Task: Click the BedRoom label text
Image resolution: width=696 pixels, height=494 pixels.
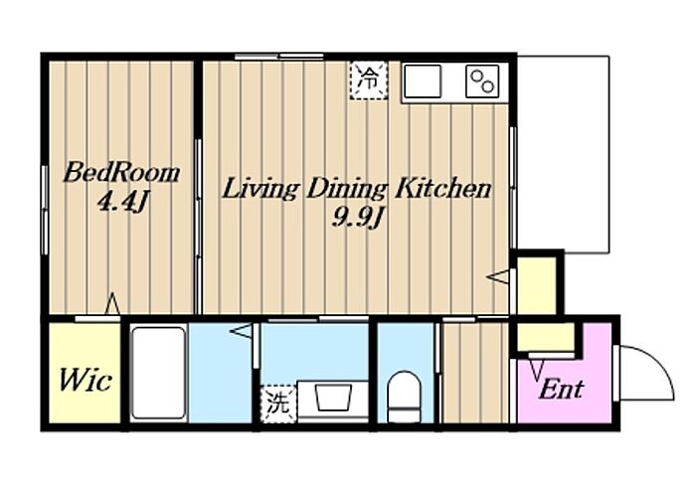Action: [121, 173]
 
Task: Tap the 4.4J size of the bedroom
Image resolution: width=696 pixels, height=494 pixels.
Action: [121, 203]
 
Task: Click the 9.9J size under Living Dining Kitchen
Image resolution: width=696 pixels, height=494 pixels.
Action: [357, 218]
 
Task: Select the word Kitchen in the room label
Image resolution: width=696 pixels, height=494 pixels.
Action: [443, 188]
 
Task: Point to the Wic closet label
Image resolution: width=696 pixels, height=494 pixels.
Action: [85, 380]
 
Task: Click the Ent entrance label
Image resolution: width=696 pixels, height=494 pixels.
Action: [561, 389]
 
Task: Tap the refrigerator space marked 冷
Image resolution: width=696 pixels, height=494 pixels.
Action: [369, 80]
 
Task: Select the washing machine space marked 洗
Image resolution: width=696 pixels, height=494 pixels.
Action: [278, 404]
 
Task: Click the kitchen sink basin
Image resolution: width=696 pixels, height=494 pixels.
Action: [423, 82]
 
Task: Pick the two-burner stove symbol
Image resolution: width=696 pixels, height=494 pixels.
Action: [482, 82]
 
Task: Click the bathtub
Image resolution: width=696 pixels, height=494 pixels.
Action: [159, 373]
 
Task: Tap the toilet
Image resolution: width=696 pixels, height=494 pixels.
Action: [404, 397]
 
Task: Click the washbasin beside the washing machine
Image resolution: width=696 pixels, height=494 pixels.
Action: [333, 398]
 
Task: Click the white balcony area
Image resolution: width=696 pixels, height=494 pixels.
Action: [564, 154]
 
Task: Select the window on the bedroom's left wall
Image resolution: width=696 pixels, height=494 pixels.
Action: [45, 210]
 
